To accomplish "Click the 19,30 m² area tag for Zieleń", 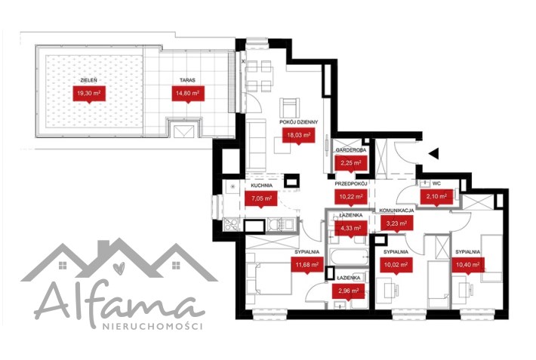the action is [89, 94].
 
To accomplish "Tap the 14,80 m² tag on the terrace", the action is [188, 94].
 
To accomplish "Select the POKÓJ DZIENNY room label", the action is [299, 122].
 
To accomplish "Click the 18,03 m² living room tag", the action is [298, 135].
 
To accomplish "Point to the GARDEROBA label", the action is [351, 150].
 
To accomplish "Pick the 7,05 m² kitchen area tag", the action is [261, 198].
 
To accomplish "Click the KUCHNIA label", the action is [261, 186].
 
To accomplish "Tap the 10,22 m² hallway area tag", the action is [351, 197].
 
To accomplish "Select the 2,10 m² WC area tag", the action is [436, 197].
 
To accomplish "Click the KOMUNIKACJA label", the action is [396, 211].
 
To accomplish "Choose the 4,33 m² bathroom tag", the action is [351, 228].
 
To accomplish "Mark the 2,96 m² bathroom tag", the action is [349, 291].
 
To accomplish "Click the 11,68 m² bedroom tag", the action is [307, 264].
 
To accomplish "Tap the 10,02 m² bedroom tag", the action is [396, 265].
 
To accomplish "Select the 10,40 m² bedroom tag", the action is [468, 265].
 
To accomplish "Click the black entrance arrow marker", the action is [434, 154].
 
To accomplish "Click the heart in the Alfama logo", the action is [119, 268].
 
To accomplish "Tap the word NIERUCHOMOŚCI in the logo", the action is [152, 327].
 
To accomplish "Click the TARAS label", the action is [188, 80].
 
